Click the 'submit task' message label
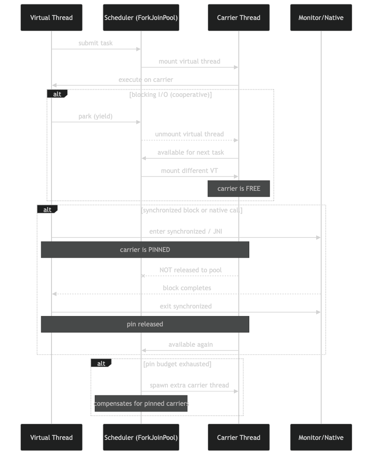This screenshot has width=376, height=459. point(96,43)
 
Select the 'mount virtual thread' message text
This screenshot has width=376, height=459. point(189,62)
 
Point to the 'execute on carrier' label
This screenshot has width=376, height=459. point(146,80)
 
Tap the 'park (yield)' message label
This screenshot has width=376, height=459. point(96,116)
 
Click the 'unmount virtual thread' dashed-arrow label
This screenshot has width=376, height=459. point(189,134)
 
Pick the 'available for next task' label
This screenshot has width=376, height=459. point(191,153)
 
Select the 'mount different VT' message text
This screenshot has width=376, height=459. point(190,171)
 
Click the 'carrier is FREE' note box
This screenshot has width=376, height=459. point(239,189)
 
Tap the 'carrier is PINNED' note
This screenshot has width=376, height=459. point(145,250)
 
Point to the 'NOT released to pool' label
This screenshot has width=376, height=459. point(191,270)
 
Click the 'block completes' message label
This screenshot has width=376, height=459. point(187,288)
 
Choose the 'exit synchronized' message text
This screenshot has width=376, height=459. point(186,306)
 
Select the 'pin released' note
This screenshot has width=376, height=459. point(145,324)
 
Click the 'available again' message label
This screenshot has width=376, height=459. point(191,345)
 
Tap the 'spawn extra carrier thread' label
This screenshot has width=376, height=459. point(189,385)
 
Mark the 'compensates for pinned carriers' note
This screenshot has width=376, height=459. point(141,404)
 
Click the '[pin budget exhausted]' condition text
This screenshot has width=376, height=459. point(177,364)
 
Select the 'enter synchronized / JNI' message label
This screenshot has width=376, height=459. point(186,232)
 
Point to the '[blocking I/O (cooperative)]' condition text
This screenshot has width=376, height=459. point(171,95)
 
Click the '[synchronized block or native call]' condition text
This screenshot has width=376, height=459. point(192,210)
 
